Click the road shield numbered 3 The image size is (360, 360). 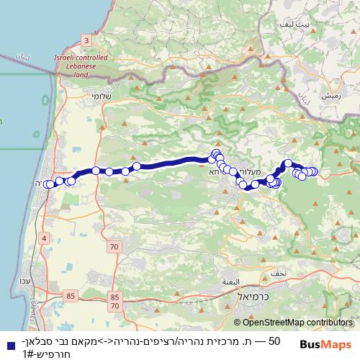point(86,40)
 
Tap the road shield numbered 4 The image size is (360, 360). point(45,238)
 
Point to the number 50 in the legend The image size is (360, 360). point(274,339)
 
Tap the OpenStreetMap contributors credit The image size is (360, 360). point(296,324)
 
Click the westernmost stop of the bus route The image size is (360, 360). point(48,184)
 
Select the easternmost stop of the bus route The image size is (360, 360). point(314,171)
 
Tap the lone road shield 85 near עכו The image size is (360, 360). point(70,295)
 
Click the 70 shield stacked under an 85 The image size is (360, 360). point(115,306)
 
